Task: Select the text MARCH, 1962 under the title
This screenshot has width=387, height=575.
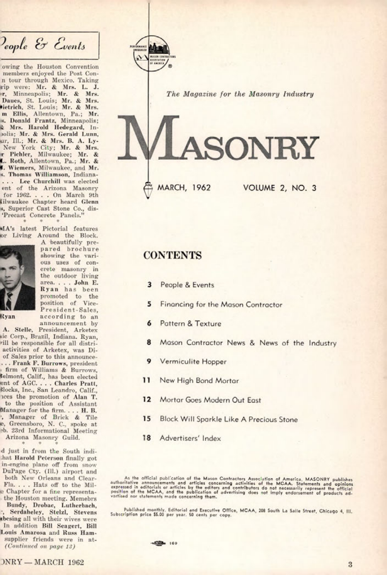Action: click(x=184, y=188)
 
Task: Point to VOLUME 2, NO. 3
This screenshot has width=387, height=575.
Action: click(x=280, y=188)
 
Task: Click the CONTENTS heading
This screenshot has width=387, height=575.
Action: click(x=173, y=255)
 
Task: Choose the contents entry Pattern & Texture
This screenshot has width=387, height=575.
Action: click(x=190, y=324)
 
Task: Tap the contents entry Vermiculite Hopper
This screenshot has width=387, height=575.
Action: click(x=193, y=362)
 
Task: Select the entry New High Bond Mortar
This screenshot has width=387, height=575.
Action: click(x=199, y=381)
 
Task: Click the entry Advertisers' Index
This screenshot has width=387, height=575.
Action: click(x=190, y=438)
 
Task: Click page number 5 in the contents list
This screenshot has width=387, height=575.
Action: click(x=149, y=304)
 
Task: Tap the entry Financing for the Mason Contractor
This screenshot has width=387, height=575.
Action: click(x=221, y=305)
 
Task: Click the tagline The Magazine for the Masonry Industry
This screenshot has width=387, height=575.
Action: click(x=240, y=94)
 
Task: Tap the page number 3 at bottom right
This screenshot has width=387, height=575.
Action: click(x=350, y=564)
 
